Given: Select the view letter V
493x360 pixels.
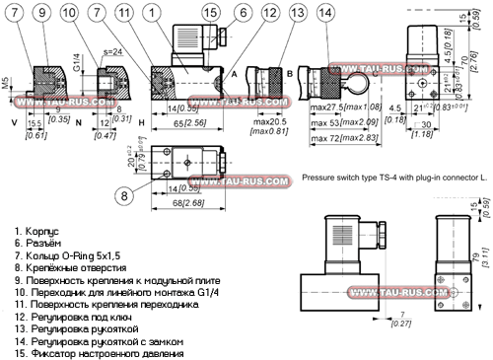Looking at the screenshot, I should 13,123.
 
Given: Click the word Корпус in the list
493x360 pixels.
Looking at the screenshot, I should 36,229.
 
